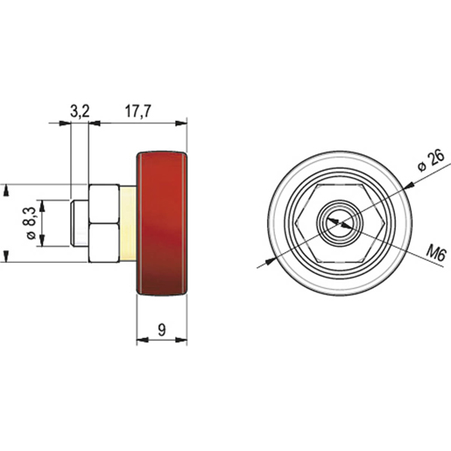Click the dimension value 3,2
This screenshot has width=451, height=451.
pyautogui.click(x=80, y=110)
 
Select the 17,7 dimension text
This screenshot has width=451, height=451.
pyautogui.click(x=139, y=110)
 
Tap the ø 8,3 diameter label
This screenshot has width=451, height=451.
pyautogui.click(x=32, y=223)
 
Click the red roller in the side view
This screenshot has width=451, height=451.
pyautogui.click(x=163, y=224)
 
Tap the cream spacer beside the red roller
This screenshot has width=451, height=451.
pyautogui.click(x=129, y=223)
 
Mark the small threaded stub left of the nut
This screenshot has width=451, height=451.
pyautogui.click(x=79, y=223)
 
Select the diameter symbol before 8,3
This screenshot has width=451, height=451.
pyautogui.click(x=32, y=236)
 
